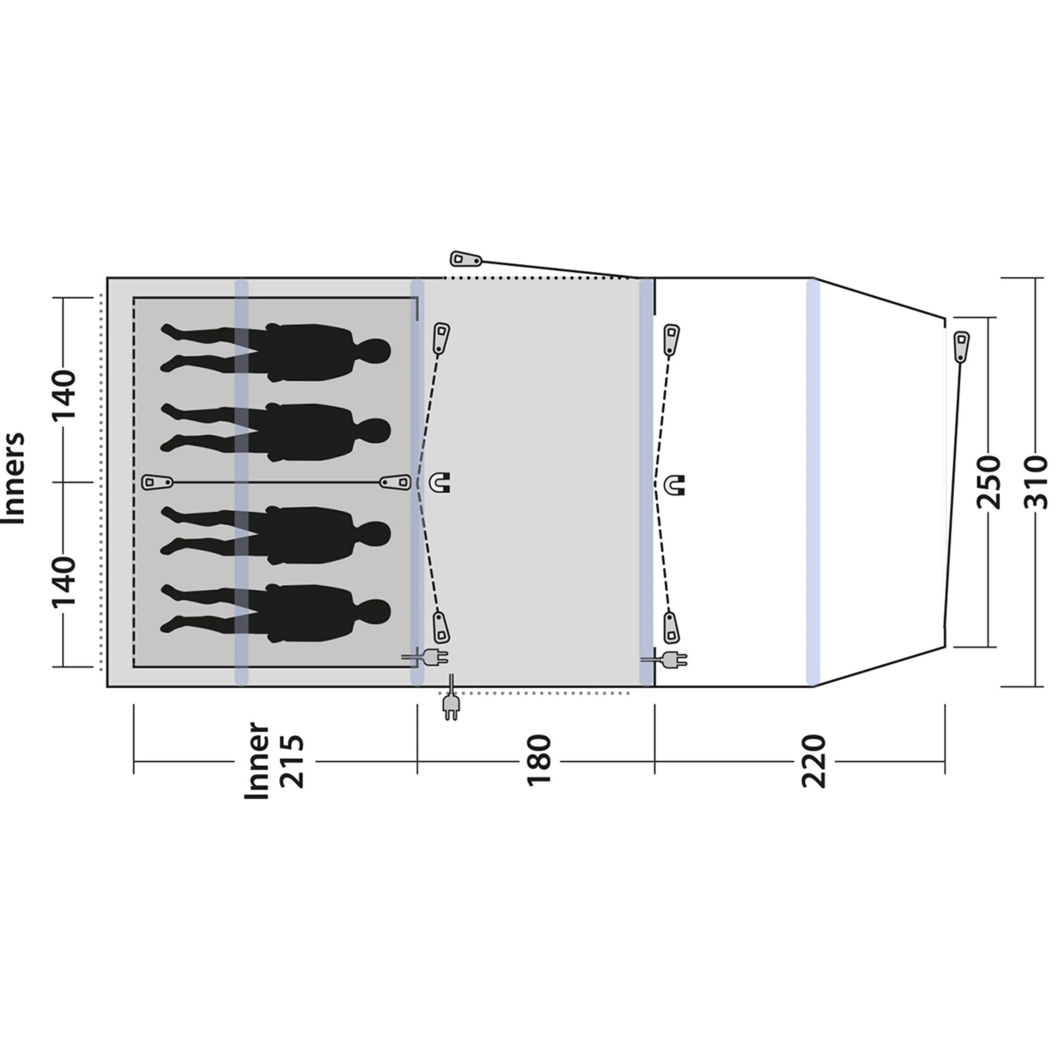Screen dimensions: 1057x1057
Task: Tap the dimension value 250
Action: tap(989, 482)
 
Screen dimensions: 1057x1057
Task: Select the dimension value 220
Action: tap(813, 761)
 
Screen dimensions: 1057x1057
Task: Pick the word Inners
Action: tap(14, 479)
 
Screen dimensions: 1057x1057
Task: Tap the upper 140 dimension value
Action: tap(63, 395)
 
